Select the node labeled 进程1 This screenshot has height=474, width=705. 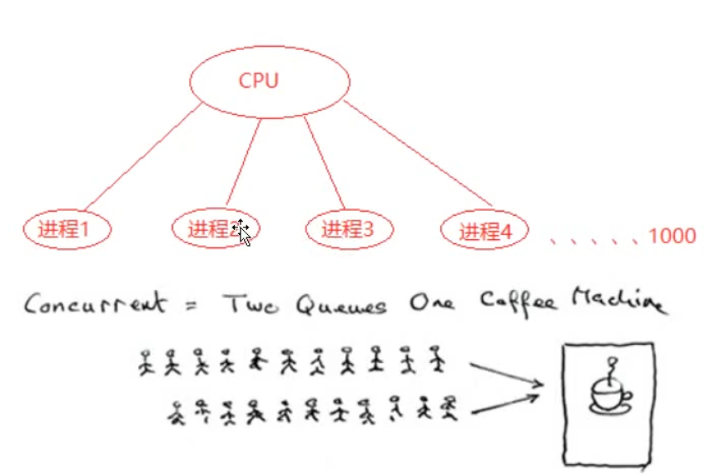tap(67, 229)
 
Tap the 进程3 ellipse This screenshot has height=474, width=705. tap(348, 229)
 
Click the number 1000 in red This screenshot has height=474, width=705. tap(671, 237)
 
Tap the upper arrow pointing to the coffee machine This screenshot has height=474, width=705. tap(506, 373)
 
